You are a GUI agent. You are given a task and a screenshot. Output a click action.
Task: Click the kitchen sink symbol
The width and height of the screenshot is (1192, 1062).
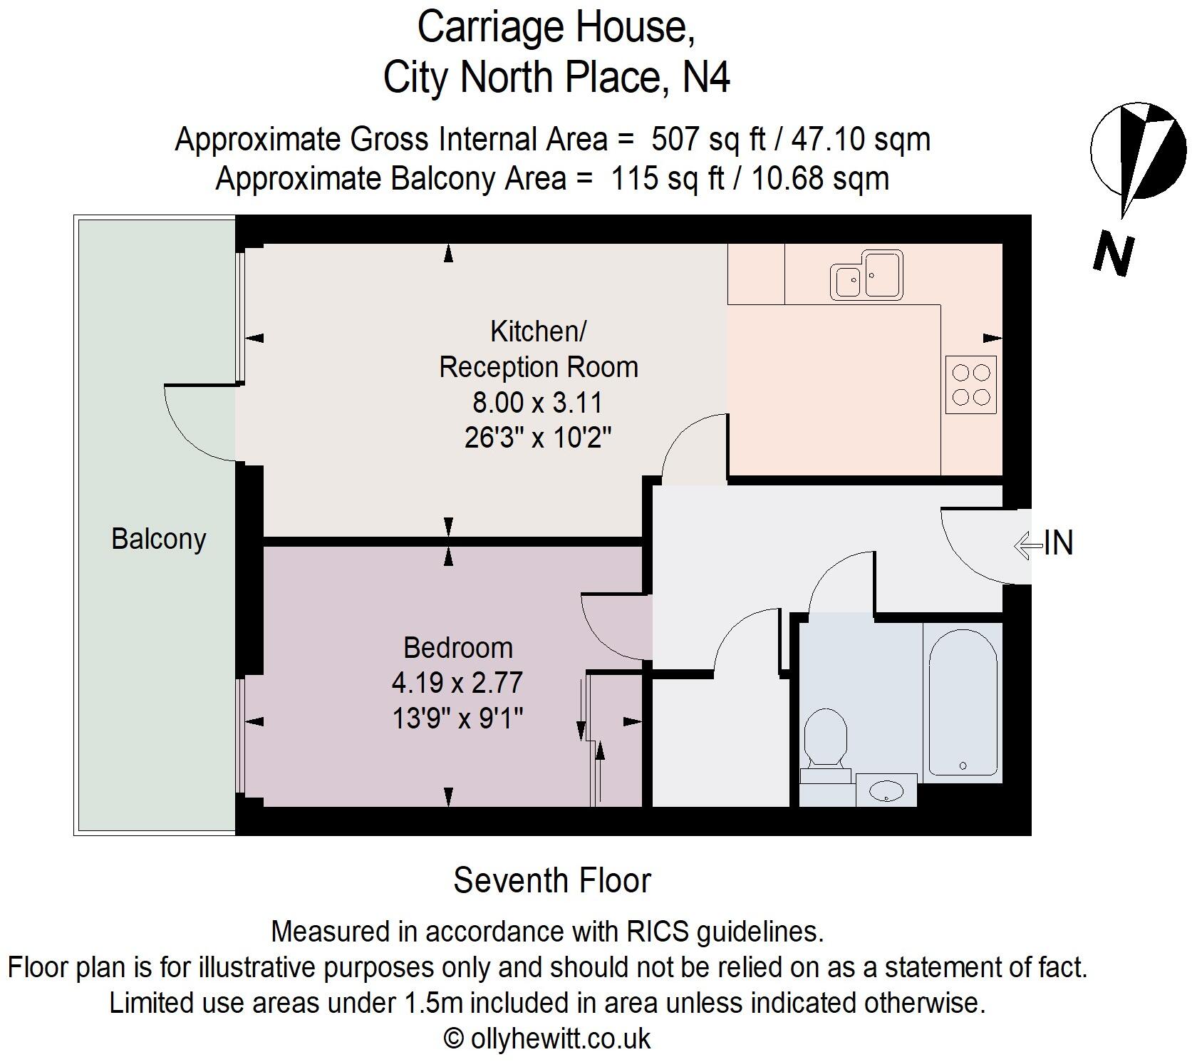[866, 274]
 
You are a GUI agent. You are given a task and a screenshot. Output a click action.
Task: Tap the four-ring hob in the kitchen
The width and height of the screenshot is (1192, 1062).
[971, 385]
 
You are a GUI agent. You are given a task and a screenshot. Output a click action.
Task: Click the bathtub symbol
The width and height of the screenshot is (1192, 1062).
[963, 702]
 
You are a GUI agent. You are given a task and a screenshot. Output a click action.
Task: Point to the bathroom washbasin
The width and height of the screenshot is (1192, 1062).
[887, 790]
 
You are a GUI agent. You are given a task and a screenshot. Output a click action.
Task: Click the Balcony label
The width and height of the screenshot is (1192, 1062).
[158, 539]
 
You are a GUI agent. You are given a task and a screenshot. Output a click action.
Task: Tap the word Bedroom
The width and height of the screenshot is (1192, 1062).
[457, 648]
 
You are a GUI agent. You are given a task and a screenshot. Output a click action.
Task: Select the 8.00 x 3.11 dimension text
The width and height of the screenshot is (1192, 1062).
[537, 403]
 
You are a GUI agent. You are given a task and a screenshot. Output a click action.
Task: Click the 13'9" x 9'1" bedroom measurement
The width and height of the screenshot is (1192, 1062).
[457, 718]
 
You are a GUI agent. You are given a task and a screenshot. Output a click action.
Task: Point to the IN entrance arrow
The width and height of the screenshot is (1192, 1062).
[1045, 544]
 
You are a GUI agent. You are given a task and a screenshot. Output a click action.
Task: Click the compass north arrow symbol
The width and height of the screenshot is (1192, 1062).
[1138, 153]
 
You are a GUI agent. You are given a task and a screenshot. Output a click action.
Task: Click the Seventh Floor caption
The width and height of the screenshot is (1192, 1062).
[552, 880]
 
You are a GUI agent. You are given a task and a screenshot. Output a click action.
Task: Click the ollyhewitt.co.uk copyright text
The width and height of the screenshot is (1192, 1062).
[547, 1038]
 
